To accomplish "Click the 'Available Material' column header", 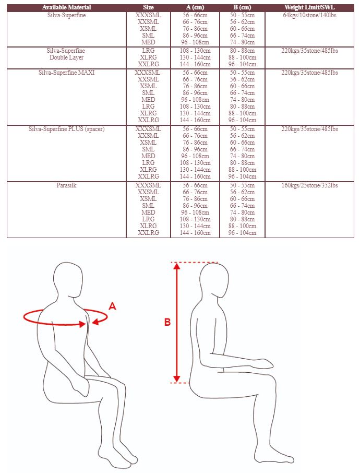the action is click(x=66, y=7).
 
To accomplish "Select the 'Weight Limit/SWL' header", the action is click(x=309, y=7).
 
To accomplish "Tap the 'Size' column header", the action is click(x=148, y=7).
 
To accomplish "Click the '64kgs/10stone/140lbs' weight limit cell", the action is click(x=309, y=15).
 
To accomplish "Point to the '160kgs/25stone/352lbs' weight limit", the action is click(x=309, y=185).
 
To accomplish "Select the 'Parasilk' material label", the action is click(x=66, y=185).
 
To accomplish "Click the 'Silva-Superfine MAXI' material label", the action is click(x=66, y=73).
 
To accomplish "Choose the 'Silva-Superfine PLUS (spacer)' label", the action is click(x=66, y=129).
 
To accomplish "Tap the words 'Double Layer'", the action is click(x=66, y=57).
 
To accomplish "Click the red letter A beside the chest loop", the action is click(x=112, y=306).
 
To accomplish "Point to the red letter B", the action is click(x=167, y=322).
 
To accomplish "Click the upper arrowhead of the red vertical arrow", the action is click(x=177, y=266).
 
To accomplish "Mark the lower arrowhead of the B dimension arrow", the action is click(x=177, y=379).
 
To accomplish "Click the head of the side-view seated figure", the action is click(x=214, y=279).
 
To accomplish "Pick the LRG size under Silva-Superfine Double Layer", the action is click(x=148, y=51).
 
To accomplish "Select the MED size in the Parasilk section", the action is click(x=148, y=212).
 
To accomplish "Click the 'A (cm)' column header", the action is click(x=195, y=7).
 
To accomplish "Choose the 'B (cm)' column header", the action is click(x=242, y=7).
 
